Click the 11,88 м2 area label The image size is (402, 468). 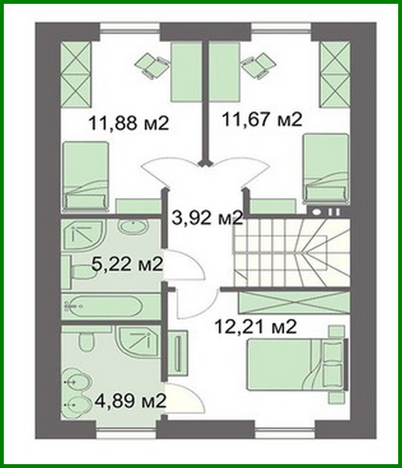click(129, 123)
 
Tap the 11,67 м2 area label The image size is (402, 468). click(262, 119)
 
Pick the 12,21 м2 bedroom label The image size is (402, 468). click(255, 327)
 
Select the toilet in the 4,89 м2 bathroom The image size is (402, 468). click(87, 342)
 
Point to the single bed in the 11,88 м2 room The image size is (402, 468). click(85, 176)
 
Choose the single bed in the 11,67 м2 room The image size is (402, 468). click(326, 169)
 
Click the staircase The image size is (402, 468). click(291, 253)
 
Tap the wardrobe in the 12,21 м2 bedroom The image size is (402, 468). click(294, 303)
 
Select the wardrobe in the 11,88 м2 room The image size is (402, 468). click(76, 74)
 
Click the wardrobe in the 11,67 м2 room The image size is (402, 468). click(334, 74)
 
